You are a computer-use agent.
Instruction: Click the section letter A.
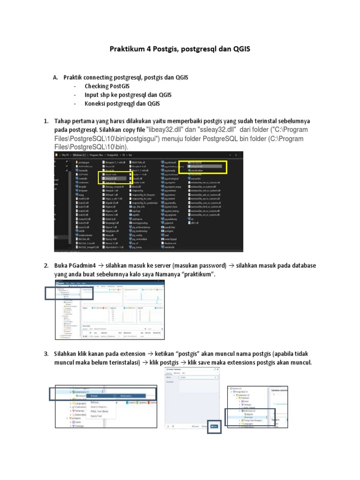pos(55,77)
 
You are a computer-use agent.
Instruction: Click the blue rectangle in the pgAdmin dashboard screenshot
pos(69,293)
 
